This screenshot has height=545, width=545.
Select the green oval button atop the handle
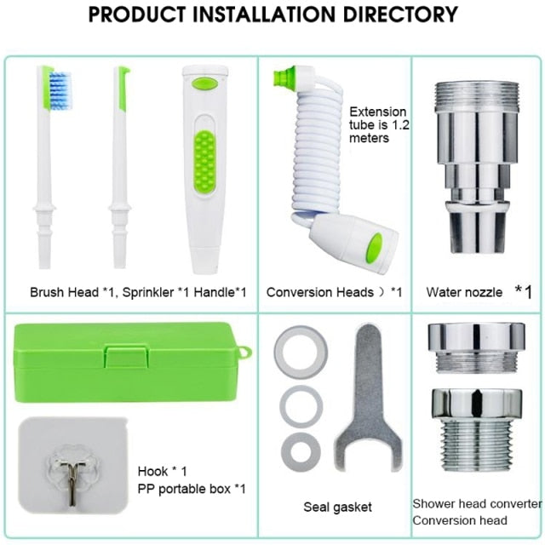click(204, 83)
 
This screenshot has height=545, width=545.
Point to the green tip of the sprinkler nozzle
click(122, 89)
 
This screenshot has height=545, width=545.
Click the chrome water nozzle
click(476, 166)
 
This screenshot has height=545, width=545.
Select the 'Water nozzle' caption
click(464, 292)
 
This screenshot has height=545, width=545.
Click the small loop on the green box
click(243, 353)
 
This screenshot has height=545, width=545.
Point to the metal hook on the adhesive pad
click(71, 456)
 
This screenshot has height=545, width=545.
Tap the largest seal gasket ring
click(301, 350)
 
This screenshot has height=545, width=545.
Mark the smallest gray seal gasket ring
click(301, 451)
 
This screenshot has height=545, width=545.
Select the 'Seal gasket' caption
click(338, 508)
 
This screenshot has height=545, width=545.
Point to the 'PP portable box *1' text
click(192, 488)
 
